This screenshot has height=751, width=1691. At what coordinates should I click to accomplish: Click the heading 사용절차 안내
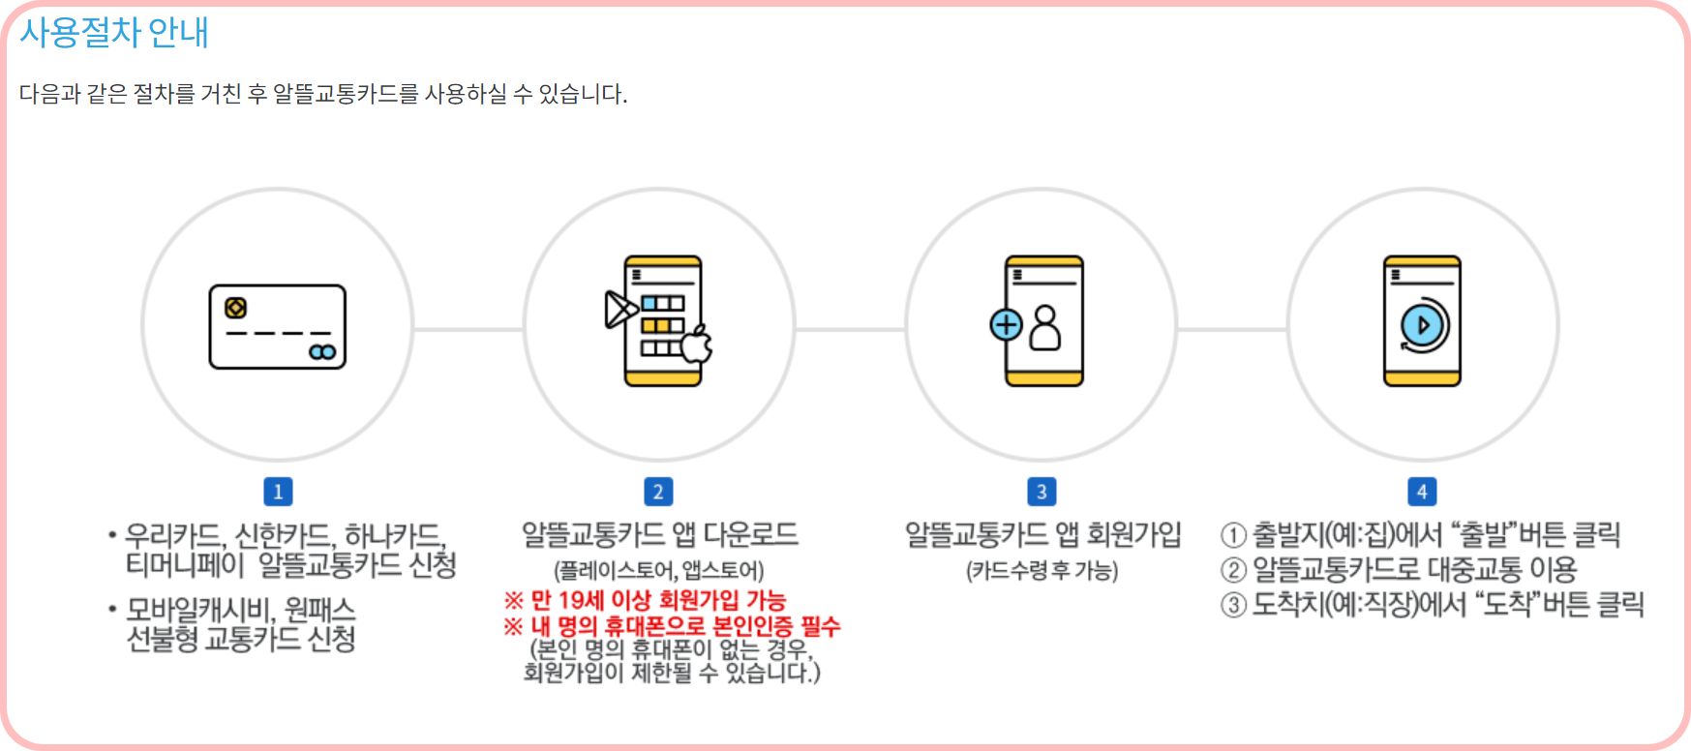[114, 33]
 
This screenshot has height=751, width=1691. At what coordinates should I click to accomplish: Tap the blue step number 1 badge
[278, 492]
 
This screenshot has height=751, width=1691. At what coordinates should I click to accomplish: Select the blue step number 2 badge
[658, 492]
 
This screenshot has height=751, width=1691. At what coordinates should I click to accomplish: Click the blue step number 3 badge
[1042, 492]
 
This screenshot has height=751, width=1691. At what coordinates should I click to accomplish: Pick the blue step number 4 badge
[1422, 492]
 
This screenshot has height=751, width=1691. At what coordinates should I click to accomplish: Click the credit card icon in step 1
[278, 327]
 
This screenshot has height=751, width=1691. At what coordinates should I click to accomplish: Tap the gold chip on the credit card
[235, 308]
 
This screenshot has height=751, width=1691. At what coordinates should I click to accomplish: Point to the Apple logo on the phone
[697, 345]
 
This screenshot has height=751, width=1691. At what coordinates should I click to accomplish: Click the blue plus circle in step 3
[1007, 324]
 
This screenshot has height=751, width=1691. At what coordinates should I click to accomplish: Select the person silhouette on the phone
[1045, 328]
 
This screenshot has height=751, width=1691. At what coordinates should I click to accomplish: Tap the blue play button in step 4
[1422, 325]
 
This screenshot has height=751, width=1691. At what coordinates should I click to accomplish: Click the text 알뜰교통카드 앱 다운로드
[660, 535]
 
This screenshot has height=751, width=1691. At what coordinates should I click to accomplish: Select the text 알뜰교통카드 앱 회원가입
[1042, 535]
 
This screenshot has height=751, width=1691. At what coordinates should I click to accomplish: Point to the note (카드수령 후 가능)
[1042, 571]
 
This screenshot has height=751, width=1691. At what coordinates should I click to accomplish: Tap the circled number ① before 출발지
[1233, 536]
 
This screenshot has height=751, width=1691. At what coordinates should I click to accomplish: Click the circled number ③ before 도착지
[1233, 606]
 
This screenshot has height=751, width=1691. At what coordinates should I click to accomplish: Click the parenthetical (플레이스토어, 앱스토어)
[658, 571]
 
